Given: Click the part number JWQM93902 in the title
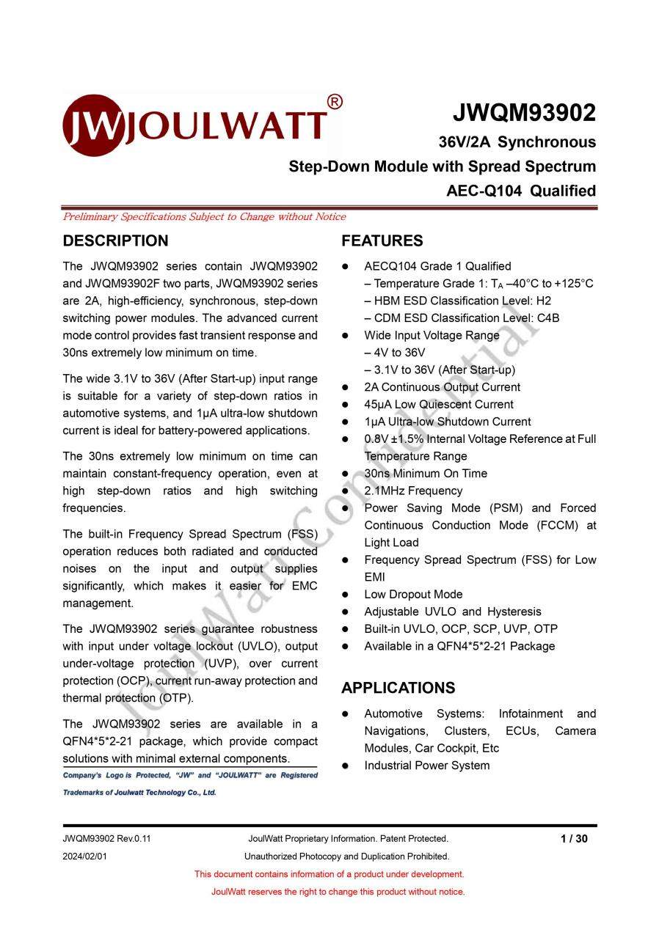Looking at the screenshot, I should (x=523, y=113).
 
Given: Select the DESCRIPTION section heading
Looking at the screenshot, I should (x=115, y=241).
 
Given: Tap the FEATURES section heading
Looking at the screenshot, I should (x=382, y=241).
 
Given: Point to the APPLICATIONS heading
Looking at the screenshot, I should (x=398, y=688).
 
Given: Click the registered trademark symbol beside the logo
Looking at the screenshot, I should (x=334, y=103).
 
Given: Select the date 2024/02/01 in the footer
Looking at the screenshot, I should (x=85, y=856).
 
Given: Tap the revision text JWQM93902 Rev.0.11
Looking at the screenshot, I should (x=106, y=839).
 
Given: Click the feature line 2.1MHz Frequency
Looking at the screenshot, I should (x=413, y=491).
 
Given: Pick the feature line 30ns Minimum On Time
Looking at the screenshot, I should (x=426, y=474).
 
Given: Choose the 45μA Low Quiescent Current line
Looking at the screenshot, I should (x=439, y=405).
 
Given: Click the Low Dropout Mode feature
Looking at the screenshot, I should (x=413, y=595).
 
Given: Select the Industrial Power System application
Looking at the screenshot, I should (x=426, y=766).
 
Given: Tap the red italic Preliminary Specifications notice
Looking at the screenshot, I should (x=204, y=217).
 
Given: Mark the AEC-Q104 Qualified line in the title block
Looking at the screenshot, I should (x=521, y=191).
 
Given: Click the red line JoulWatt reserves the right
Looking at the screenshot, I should (x=338, y=892).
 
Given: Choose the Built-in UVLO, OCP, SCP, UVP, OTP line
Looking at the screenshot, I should (x=461, y=629).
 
